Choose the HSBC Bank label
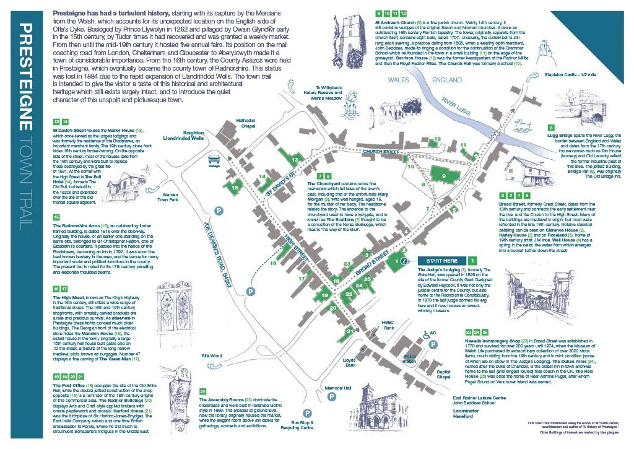point(389,325)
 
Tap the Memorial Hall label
point(339,388)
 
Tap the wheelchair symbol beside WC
point(426,333)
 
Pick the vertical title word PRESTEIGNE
point(25,79)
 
